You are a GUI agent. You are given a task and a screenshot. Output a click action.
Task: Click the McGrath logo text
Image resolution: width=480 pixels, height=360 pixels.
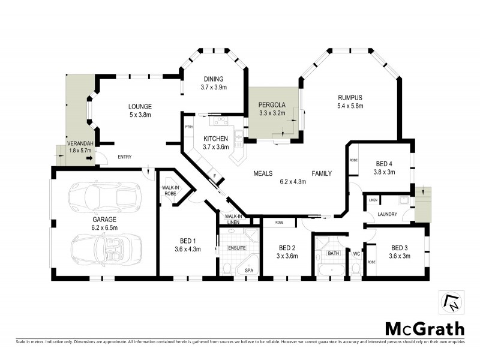click(x=424, y=328)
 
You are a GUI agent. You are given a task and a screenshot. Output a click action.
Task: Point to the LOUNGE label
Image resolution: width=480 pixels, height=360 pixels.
click(x=139, y=107)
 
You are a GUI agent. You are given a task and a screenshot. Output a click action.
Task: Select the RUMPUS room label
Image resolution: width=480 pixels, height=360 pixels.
click(x=350, y=98)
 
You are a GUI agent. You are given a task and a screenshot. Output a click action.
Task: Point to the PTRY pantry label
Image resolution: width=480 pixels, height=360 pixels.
click(x=188, y=127)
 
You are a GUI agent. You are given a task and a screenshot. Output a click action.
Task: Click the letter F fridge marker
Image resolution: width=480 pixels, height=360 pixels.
click(x=215, y=176)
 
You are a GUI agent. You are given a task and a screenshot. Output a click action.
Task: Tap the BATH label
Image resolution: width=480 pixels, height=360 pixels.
click(x=333, y=254)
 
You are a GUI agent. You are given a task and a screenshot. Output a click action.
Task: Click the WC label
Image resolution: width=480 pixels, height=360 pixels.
click(x=356, y=254)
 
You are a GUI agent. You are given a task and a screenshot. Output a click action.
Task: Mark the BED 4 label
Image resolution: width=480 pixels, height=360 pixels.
click(x=385, y=163)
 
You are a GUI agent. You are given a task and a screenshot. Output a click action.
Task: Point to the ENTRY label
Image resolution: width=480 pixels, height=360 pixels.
click(x=124, y=157)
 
